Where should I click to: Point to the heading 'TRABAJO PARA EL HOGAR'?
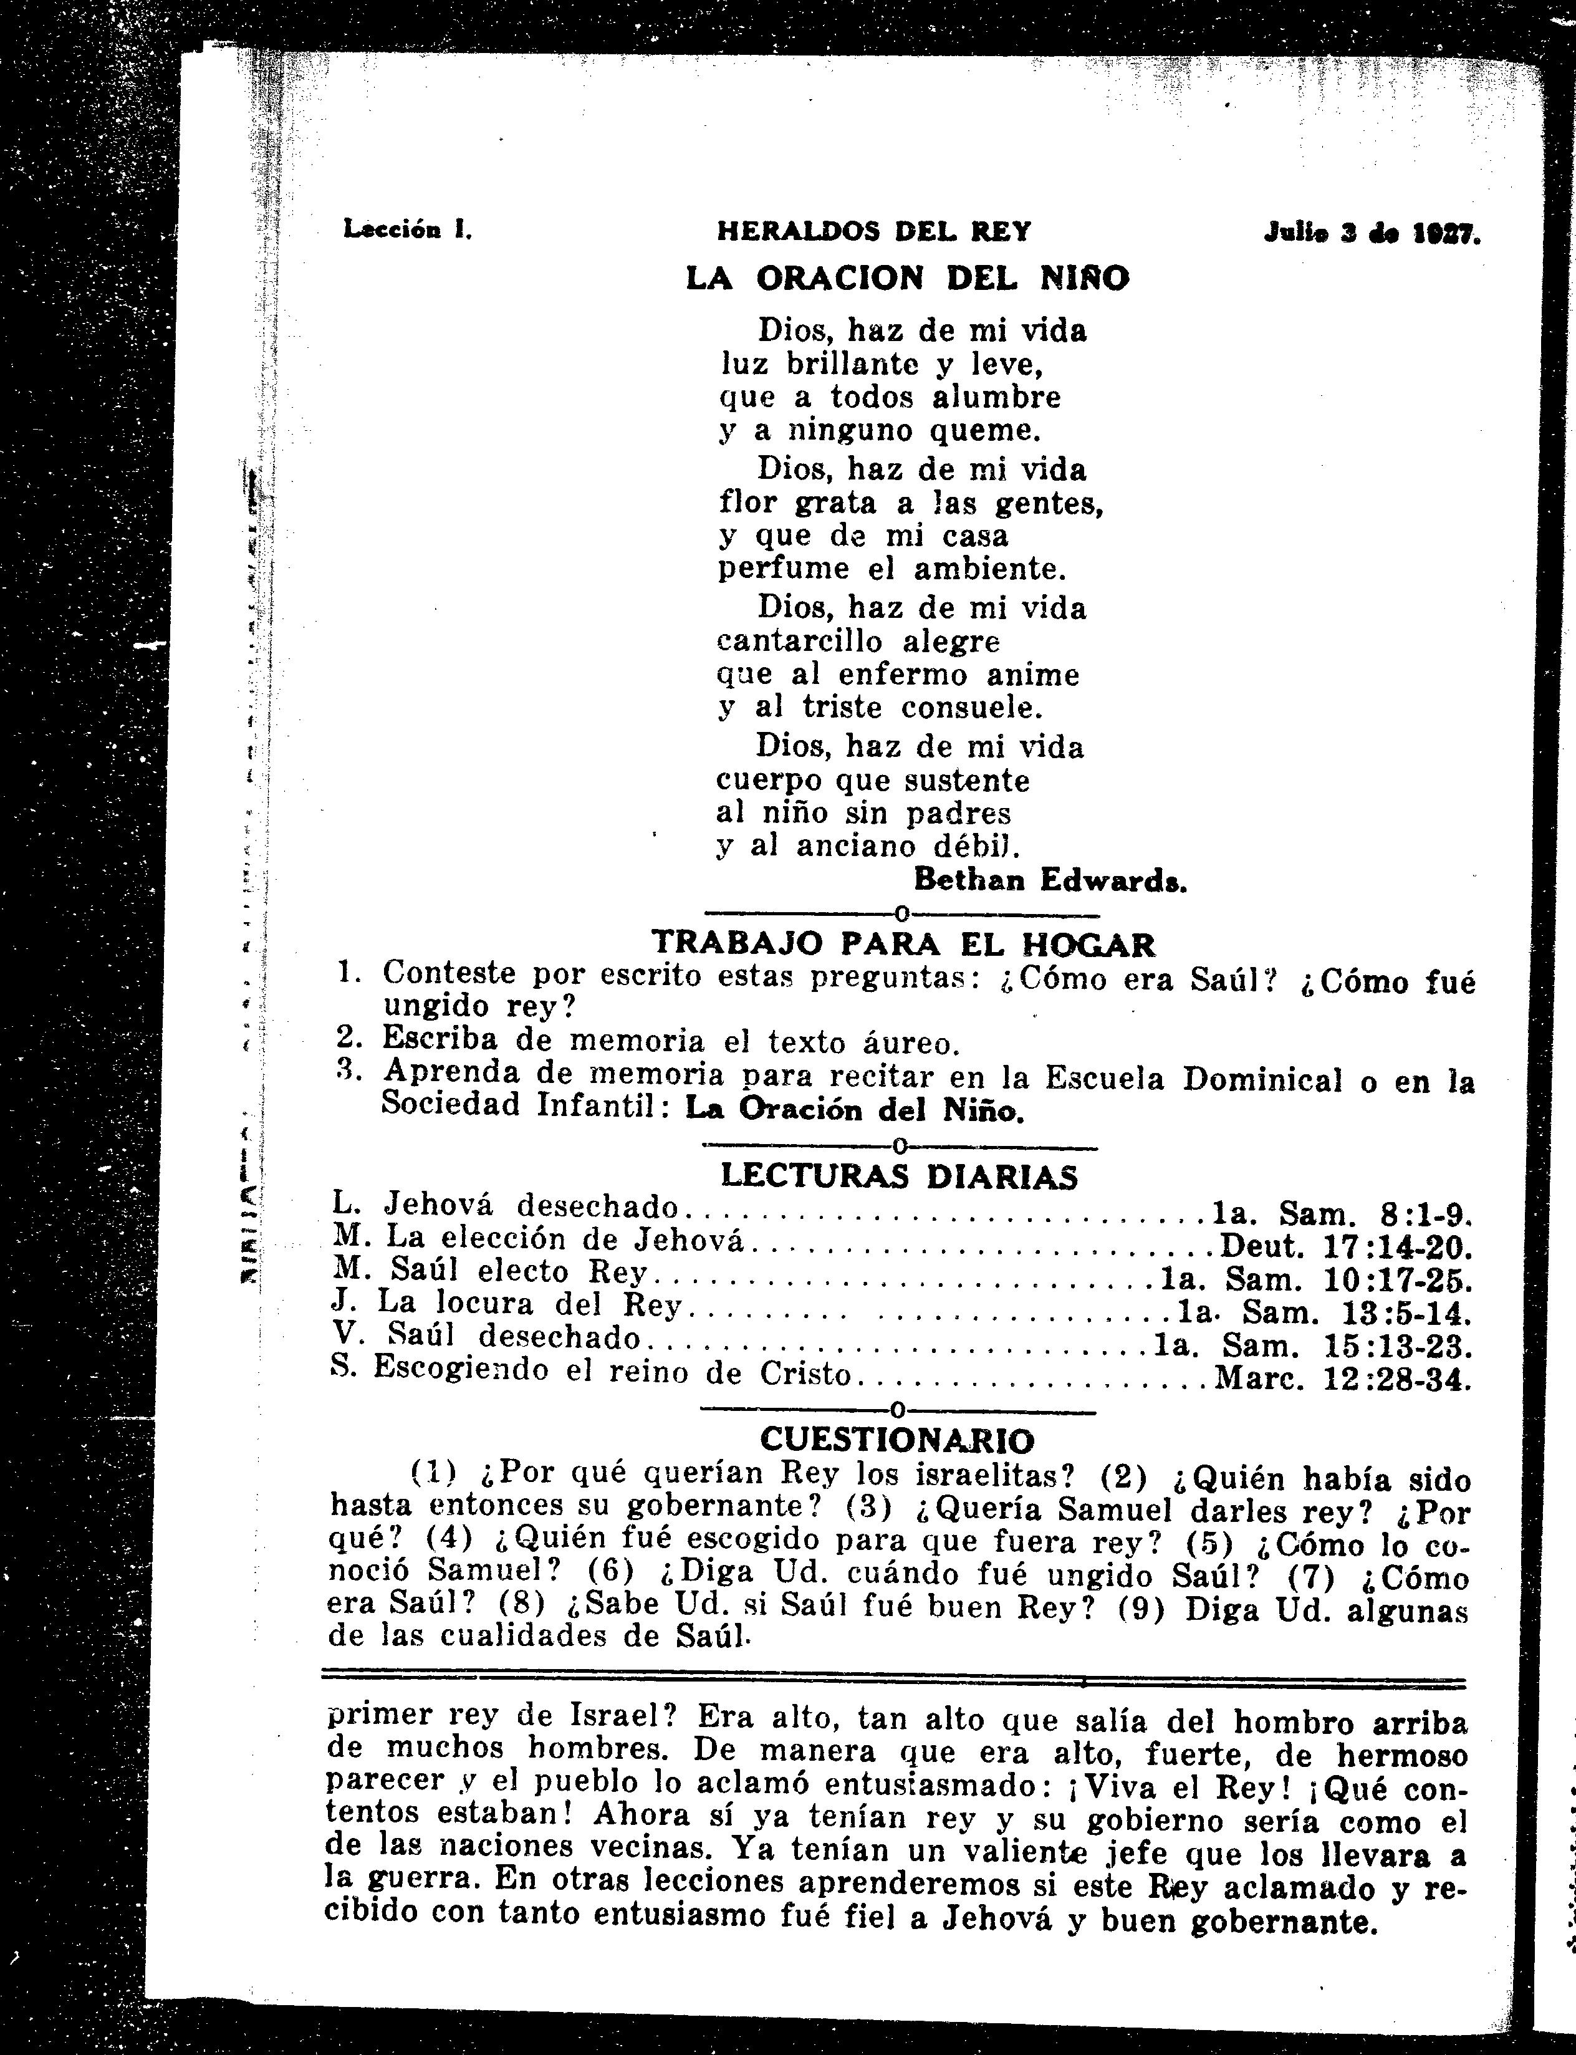903,943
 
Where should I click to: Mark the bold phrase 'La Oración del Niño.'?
853,1110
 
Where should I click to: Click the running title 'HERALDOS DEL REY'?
873,231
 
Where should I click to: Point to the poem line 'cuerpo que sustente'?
872,781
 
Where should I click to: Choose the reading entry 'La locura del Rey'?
529,1305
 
